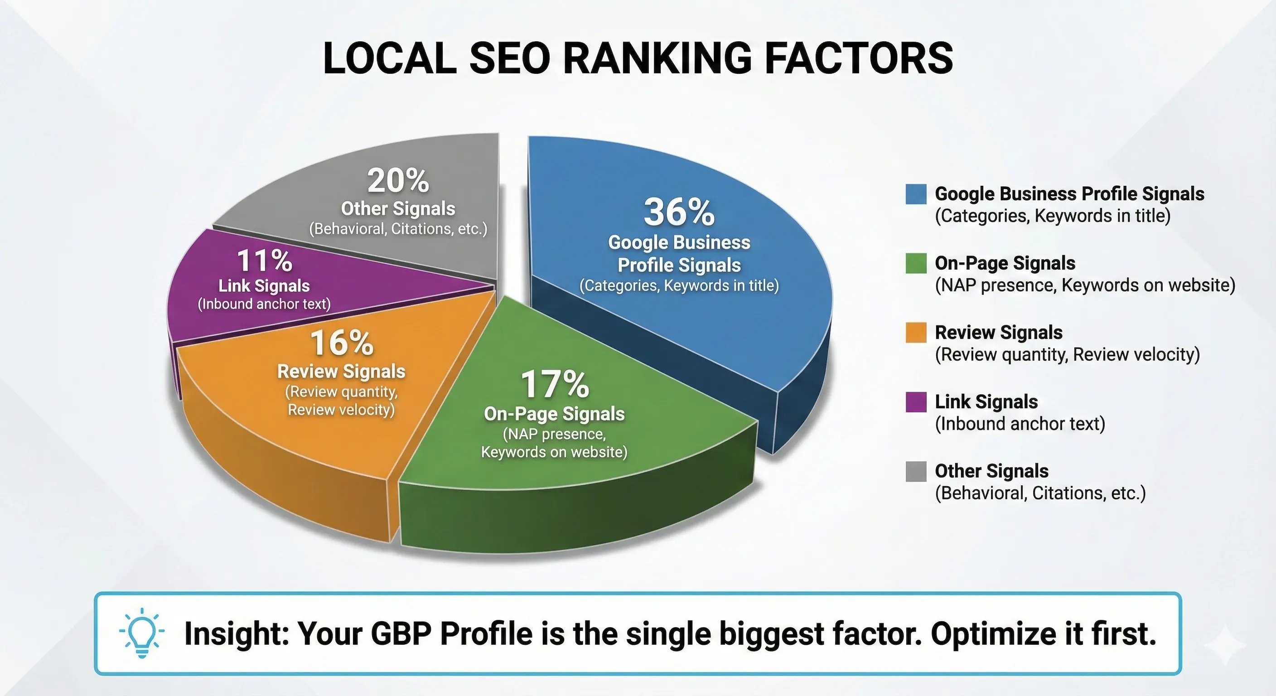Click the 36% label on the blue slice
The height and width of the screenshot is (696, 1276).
tap(679, 212)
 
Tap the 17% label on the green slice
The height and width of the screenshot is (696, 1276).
tap(554, 384)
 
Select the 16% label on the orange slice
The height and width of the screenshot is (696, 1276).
tap(341, 343)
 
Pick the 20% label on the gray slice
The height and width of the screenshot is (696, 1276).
tap(398, 181)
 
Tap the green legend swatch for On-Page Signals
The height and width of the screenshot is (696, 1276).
tap(916, 263)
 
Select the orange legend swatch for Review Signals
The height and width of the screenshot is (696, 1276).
tap(916, 333)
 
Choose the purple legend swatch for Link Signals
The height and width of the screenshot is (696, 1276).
tap(916, 402)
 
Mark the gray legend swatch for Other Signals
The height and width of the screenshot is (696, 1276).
tap(916, 471)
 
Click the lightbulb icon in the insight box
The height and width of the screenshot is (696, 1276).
tap(142, 633)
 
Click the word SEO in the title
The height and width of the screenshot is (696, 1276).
tap(510, 58)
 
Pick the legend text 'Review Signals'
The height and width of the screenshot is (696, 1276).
tap(999, 333)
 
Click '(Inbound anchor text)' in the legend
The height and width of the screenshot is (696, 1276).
tap(1020, 424)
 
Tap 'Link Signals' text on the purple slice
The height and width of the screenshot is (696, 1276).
tap(264, 286)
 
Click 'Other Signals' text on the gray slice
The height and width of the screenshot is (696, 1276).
tap(398, 208)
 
